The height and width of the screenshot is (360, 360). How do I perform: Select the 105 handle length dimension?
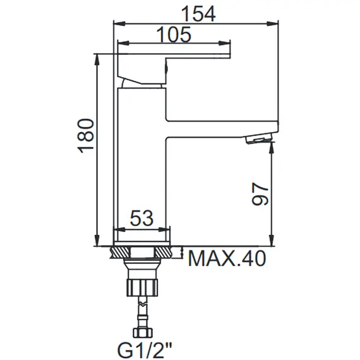tap(173, 35)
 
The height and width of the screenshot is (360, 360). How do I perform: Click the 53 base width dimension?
tap(141, 219)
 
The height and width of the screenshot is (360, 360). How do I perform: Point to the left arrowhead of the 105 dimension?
tap(117, 45)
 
